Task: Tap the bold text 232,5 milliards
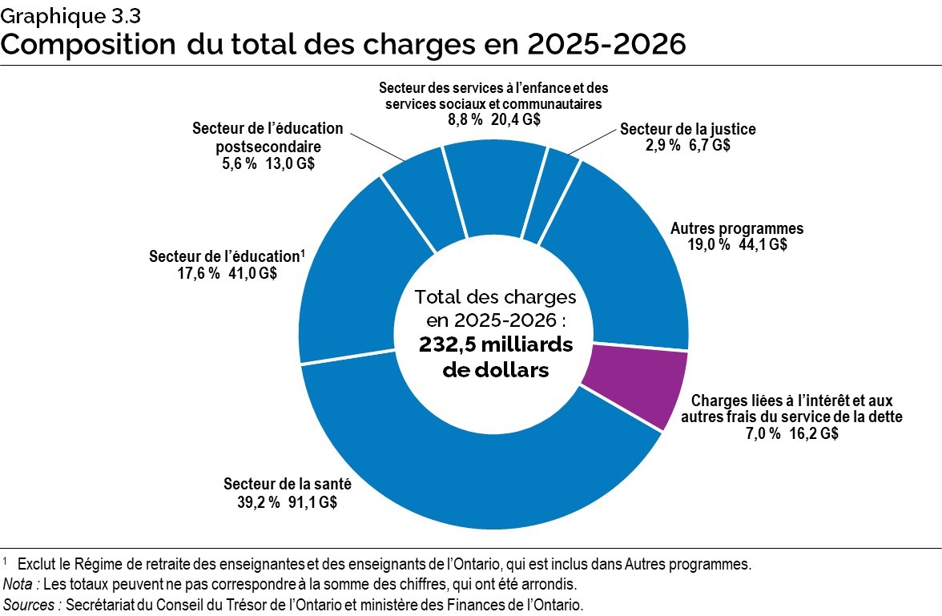[494, 345]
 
